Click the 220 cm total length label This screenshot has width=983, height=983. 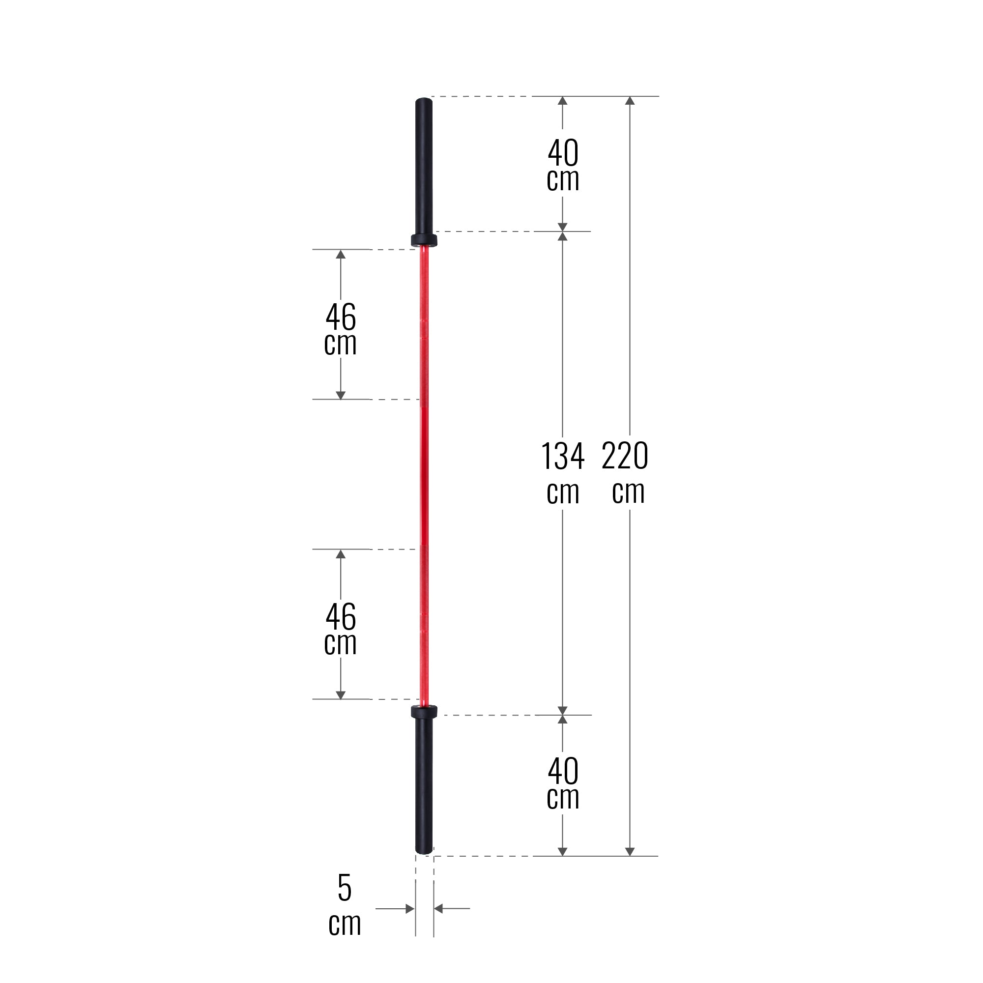pos(626,473)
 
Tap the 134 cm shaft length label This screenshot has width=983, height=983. pos(563,473)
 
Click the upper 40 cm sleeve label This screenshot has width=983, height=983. pos(563,165)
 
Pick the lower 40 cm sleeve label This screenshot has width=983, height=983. pos(563,783)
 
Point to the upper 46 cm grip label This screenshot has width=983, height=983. pos(341,329)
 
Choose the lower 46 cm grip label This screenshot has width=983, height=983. pos(341,630)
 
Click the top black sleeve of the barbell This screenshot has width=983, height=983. pos(424,168)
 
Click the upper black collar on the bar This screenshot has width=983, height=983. pos(424,240)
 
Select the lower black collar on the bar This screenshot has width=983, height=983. pos(424,711)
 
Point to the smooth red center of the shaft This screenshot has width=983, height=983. pos(424,473)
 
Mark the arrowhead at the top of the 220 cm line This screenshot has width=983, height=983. pos(630,101)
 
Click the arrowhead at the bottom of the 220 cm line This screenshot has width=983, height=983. pos(630,851)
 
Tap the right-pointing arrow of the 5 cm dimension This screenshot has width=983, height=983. pos(409,909)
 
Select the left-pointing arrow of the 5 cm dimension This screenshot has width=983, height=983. pos(438,909)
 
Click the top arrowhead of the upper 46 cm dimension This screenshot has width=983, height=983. pos(341,255)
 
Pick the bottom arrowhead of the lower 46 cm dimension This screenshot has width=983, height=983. pos(341,694)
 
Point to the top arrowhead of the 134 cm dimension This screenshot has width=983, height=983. pos(562,236)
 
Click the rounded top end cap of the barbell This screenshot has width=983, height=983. pos(424,101)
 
